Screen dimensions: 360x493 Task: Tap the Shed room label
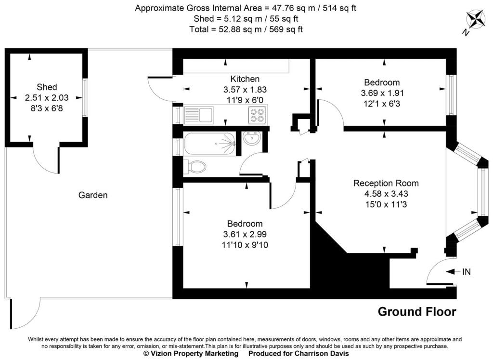(x=47, y=87)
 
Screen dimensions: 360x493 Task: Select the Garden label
(x=93, y=195)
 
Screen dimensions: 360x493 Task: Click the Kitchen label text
(x=245, y=79)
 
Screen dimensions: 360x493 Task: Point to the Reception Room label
(x=386, y=183)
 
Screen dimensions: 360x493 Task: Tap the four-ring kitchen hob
(x=258, y=115)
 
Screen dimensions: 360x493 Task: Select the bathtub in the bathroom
(x=210, y=144)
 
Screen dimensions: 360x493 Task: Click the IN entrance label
(x=466, y=272)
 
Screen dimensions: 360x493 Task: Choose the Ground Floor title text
(x=417, y=312)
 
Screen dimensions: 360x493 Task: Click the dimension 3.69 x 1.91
(x=382, y=93)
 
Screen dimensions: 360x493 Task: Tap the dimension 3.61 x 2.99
(x=245, y=234)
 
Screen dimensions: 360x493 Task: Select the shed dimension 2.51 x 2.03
(x=47, y=98)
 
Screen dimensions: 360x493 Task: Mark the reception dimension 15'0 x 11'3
(x=386, y=204)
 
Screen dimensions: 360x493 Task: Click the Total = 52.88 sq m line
(x=246, y=29)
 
